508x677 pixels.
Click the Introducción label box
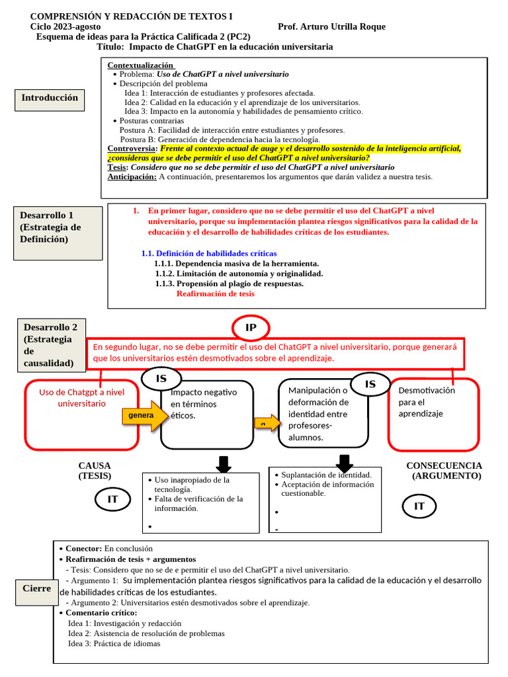coord(50,99)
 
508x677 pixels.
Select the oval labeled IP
coord(251,328)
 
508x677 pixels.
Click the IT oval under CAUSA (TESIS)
coord(112,499)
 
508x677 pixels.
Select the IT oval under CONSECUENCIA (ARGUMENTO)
coord(419,506)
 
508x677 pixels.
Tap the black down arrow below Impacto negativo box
coord(223,463)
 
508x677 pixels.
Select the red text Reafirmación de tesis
coord(216,294)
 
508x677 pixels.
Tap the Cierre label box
coord(36,588)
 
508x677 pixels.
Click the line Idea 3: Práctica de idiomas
coord(114,643)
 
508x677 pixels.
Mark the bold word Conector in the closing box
coord(83,549)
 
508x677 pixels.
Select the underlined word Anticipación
coord(132,177)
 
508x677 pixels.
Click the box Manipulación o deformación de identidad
coord(322,413)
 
